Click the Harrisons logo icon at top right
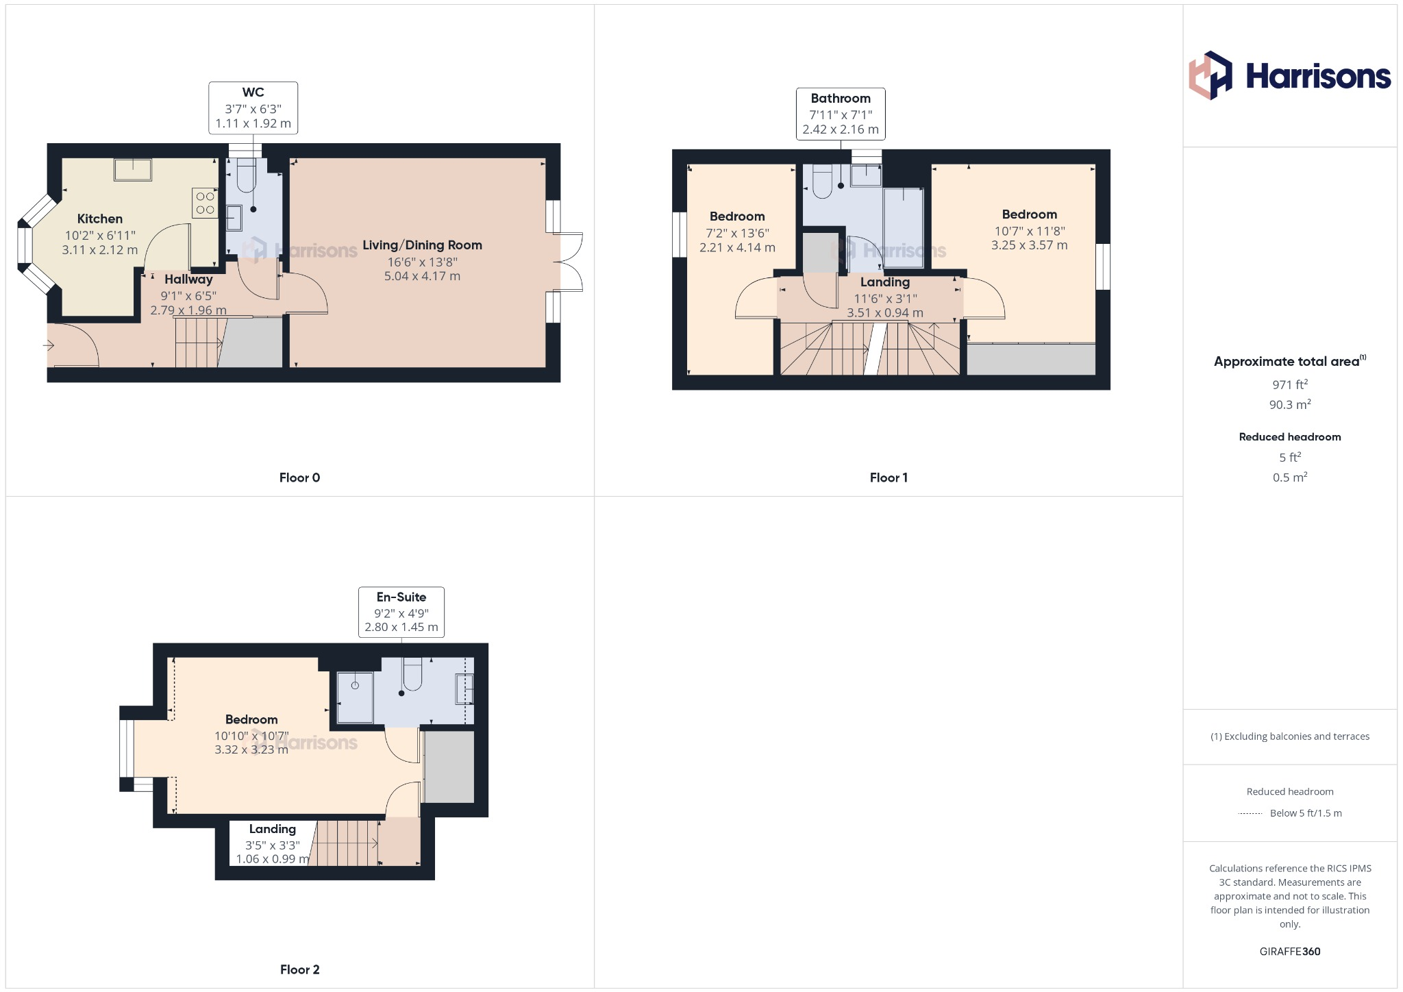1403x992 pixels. [x=1210, y=75]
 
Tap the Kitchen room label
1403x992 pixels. [x=100, y=219]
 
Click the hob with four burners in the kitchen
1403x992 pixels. [x=205, y=203]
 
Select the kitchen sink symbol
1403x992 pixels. [x=133, y=169]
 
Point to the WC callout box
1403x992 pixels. [x=253, y=108]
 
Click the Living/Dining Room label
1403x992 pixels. [x=422, y=245]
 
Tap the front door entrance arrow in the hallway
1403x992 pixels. [x=49, y=345]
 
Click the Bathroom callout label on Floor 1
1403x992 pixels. [x=841, y=99]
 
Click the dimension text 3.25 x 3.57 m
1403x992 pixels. [x=1029, y=245]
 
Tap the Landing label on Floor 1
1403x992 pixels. [x=885, y=282]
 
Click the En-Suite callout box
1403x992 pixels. [x=401, y=612]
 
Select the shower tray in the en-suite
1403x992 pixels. [x=355, y=697]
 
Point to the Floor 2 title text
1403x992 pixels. [x=299, y=969]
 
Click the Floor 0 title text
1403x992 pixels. [x=299, y=478]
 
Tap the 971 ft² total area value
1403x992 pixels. [x=1289, y=384]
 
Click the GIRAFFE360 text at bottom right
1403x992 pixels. [x=1289, y=952]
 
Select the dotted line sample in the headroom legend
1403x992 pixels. [x=1250, y=814]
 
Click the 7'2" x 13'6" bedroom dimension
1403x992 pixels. [x=737, y=234]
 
